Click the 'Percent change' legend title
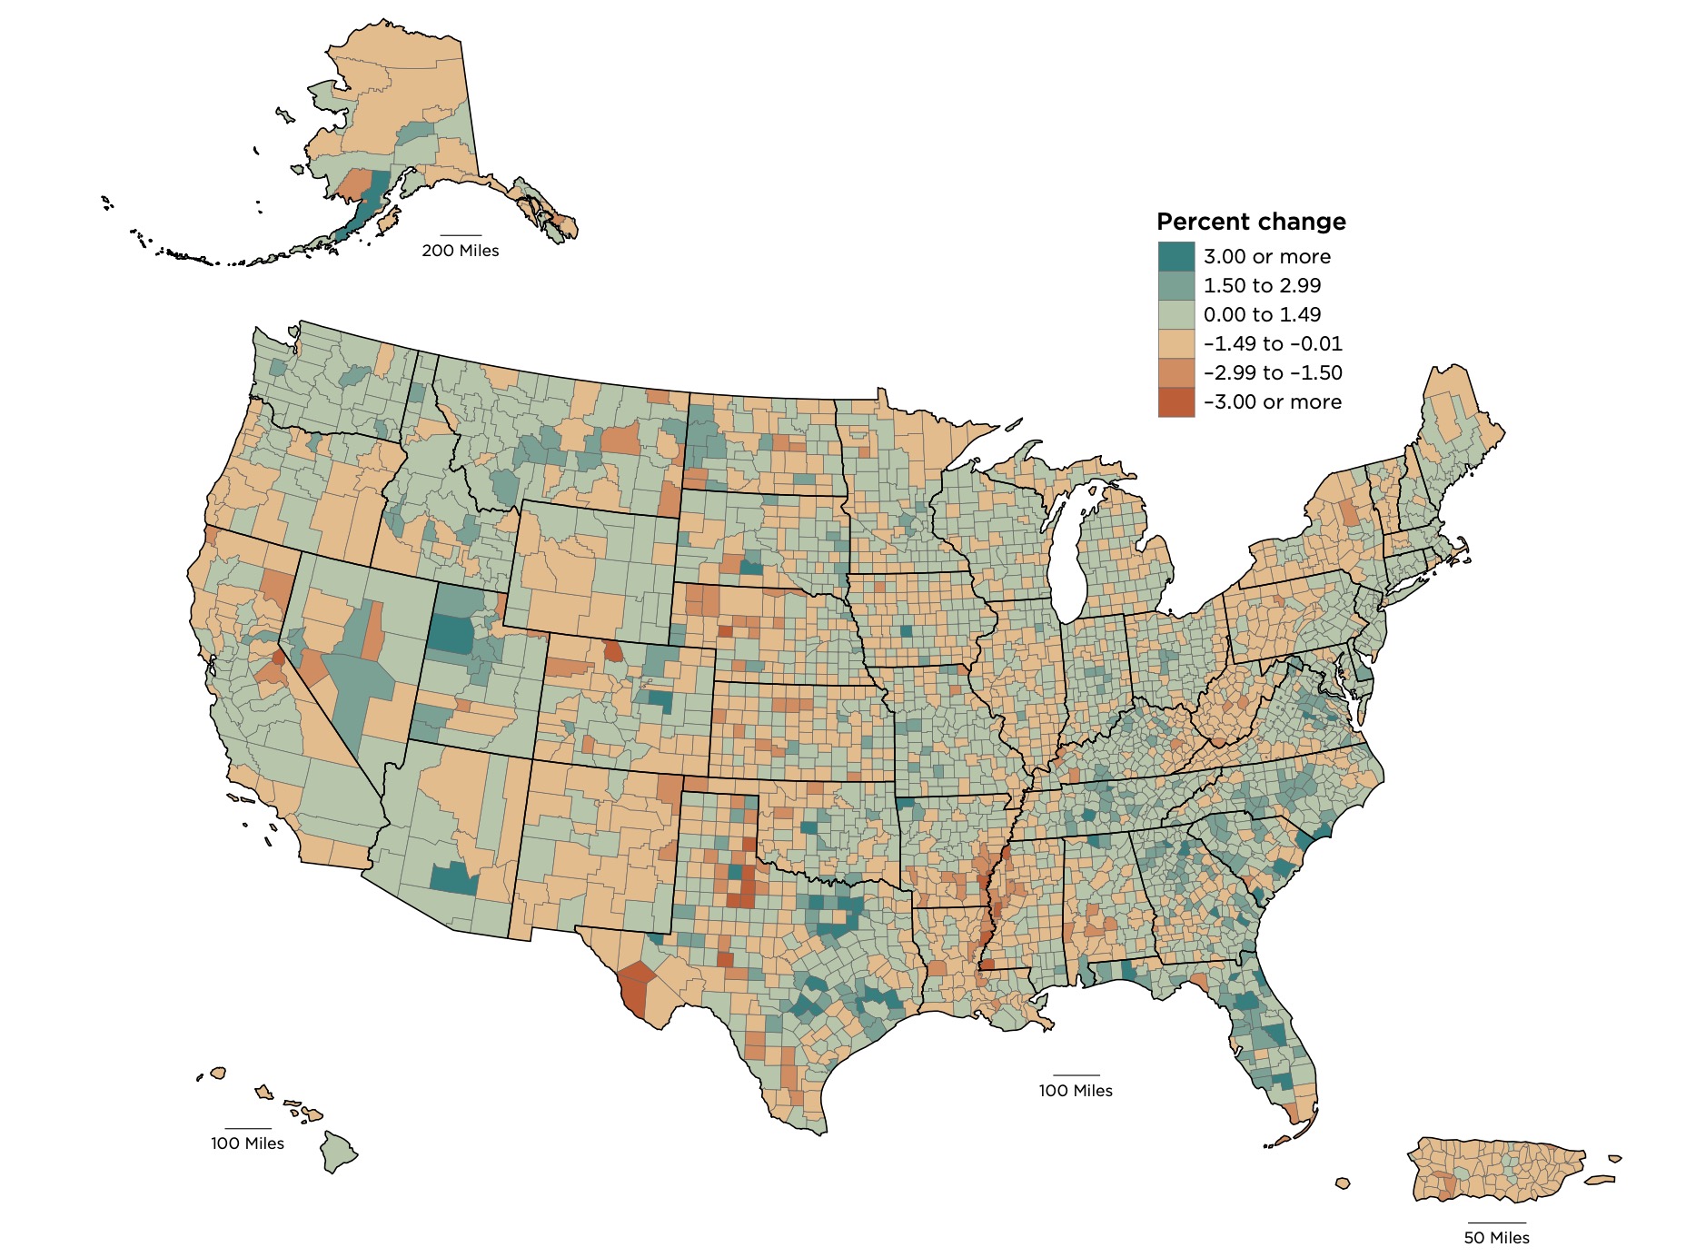point(1250,222)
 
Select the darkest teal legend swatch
point(1175,256)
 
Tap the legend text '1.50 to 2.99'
point(1262,285)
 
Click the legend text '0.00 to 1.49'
point(1262,314)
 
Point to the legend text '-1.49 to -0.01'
point(1272,343)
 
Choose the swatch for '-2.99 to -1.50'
point(1175,372)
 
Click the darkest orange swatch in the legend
point(1175,401)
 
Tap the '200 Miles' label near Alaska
point(460,251)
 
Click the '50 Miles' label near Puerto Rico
point(1496,1238)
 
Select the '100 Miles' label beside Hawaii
point(247,1143)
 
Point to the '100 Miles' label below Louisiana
point(1076,1091)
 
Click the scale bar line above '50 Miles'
point(1496,1223)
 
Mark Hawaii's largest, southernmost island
point(338,1152)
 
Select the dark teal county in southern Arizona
point(453,878)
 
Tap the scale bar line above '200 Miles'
point(460,235)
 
